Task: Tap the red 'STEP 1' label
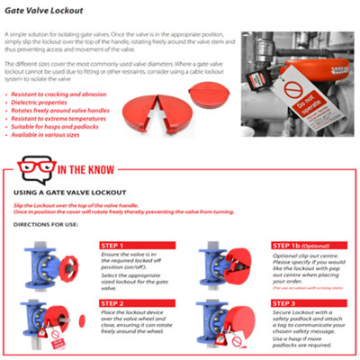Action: (109, 244)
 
